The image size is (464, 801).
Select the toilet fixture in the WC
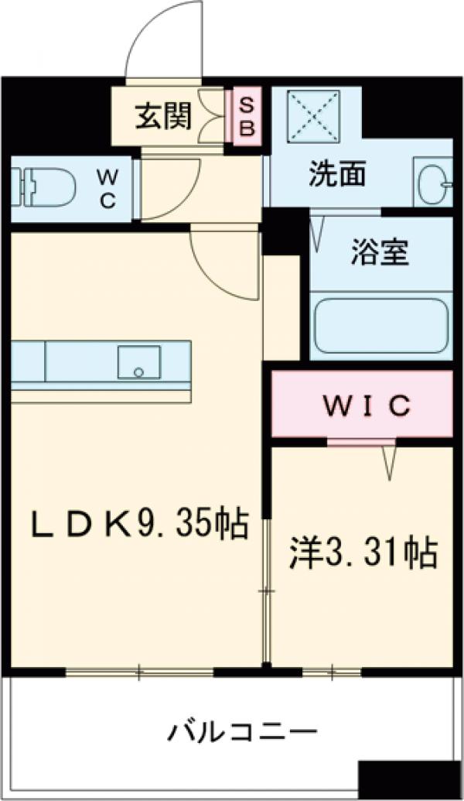pyautogui.click(x=46, y=187)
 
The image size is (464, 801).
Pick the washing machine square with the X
pyautogui.click(x=313, y=115)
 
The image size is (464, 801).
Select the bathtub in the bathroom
pyautogui.click(x=380, y=323)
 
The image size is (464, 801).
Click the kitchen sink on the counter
pyautogui.click(x=139, y=361)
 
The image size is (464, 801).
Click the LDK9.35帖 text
pyautogui.click(x=139, y=525)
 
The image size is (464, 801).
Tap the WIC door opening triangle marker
pyautogui.click(x=389, y=463)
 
